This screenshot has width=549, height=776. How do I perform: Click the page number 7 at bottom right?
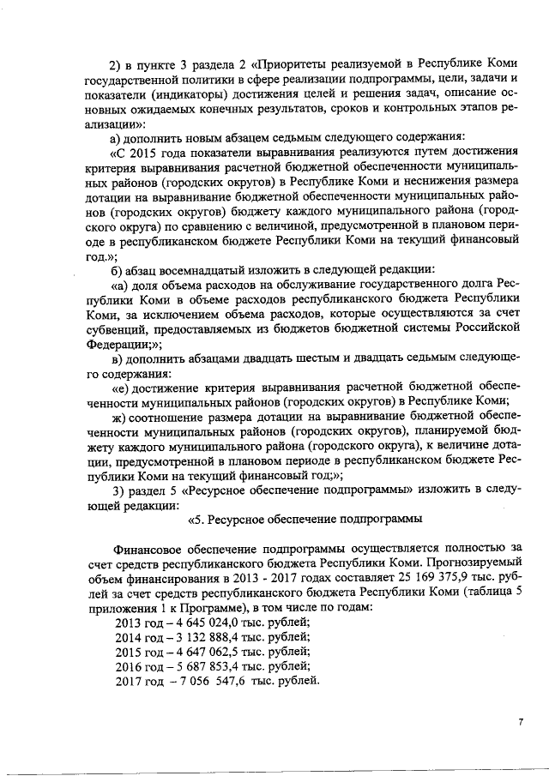pos(520,723)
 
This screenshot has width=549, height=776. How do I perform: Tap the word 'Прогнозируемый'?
pos(474,563)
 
